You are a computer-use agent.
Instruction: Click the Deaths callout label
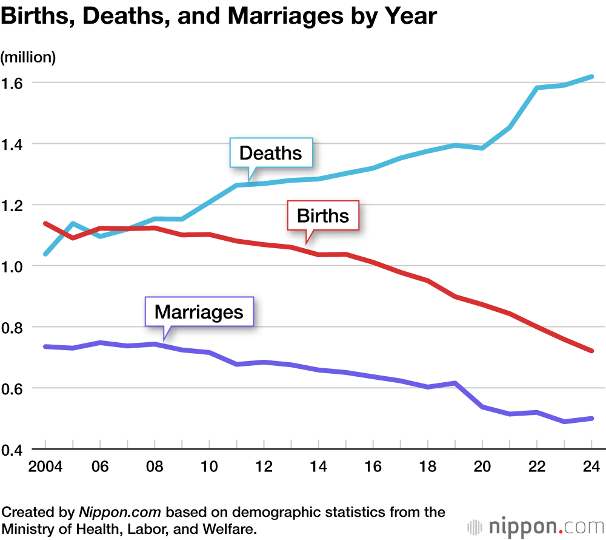[270, 153]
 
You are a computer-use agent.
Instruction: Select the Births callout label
[323, 216]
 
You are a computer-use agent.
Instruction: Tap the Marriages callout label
[199, 312]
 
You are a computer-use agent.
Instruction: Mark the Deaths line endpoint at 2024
[592, 77]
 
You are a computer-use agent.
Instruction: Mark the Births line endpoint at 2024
[592, 351]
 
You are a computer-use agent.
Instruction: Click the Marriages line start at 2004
[45, 346]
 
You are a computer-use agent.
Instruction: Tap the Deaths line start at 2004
[45, 254]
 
